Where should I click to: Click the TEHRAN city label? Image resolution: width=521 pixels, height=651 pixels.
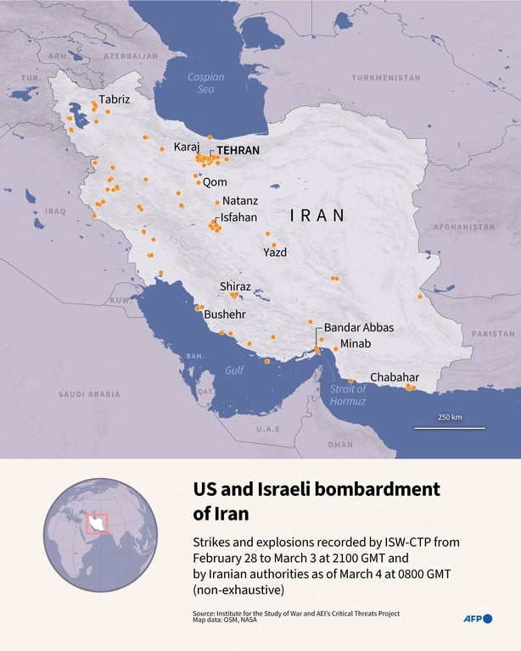pyautogui.click(x=238, y=150)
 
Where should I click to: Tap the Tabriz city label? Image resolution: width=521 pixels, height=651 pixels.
pyautogui.click(x=115, y=99)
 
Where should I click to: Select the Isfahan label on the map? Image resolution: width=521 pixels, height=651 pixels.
pyautogui.click(x=238, y=217)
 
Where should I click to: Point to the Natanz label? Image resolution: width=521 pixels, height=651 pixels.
pyautogui.click(x=240, y=202)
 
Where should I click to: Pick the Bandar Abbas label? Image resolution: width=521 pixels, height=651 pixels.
pyautogui.click(x=359, y=327)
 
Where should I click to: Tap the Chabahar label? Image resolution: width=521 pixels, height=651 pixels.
pyautogui.click(x=394, y=378)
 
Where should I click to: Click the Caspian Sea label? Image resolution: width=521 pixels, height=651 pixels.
pyautogui.click(x=206, y=83)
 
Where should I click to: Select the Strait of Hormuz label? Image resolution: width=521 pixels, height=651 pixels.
pyautogui.click(x=348, y=395)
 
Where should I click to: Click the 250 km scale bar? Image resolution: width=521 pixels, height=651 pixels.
pyautogui.click(x=449, y=426)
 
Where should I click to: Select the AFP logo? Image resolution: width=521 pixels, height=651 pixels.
pyautogui.click(x=477, y=619)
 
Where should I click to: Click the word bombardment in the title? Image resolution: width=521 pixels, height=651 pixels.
pyautogui.click(x=372, y=489)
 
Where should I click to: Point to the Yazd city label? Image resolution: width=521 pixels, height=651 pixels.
pyautogui.click(x=275, y=253)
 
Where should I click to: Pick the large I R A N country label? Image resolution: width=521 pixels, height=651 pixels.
pyautogui.click(x=317, y=215)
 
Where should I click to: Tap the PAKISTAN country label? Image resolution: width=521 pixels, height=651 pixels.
pyautogui.click(x=493, y=334)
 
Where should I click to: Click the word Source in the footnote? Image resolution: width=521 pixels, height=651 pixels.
pyautogui.click(x=204, y=612)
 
